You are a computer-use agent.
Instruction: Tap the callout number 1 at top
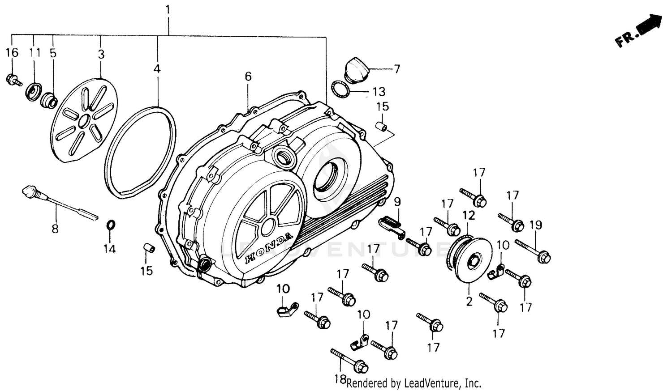coord(168,9)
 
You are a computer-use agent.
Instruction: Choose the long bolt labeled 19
coord(533,251)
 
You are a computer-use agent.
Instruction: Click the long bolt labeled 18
coord(349,360)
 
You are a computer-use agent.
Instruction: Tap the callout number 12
coord(468,215)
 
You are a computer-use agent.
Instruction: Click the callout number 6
coord(248,76)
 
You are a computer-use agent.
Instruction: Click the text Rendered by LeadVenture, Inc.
coord(414,383)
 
